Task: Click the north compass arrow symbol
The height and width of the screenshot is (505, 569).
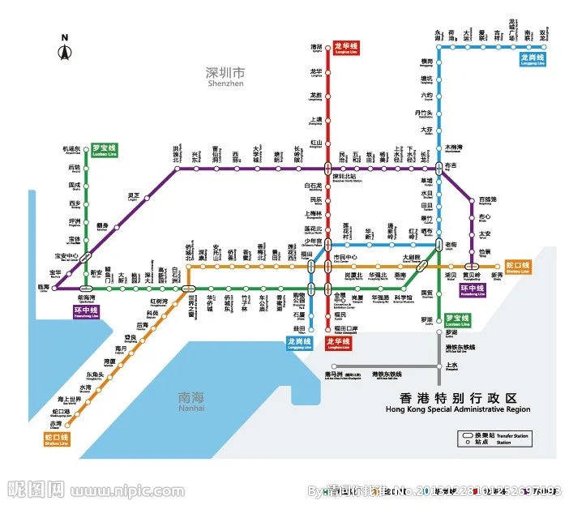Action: point(65,52)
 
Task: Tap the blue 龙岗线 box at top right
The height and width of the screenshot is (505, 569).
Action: point(533,59)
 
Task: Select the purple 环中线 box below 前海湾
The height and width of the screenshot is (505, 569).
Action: point(86,310)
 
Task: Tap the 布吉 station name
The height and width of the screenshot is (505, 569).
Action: point(451,165)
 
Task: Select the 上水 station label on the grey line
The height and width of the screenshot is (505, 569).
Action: point(451,366)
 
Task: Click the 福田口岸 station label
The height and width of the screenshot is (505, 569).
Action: point(345,328)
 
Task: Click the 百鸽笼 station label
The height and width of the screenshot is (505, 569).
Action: point(487,199)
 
